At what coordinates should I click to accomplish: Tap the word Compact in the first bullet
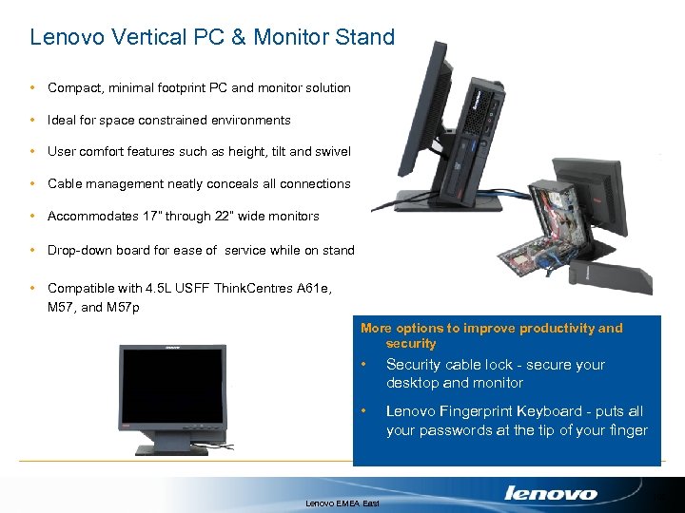(74, 88)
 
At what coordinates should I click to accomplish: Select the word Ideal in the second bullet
(62, 121)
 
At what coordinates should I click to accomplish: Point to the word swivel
(331, 152)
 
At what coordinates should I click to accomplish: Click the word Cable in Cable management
(65, 184)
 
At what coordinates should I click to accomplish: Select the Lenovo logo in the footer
(551, 493)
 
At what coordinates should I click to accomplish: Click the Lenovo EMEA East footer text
(342, 503)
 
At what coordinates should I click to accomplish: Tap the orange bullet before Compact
(33, 88)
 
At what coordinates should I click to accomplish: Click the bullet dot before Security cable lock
(365, 365)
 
